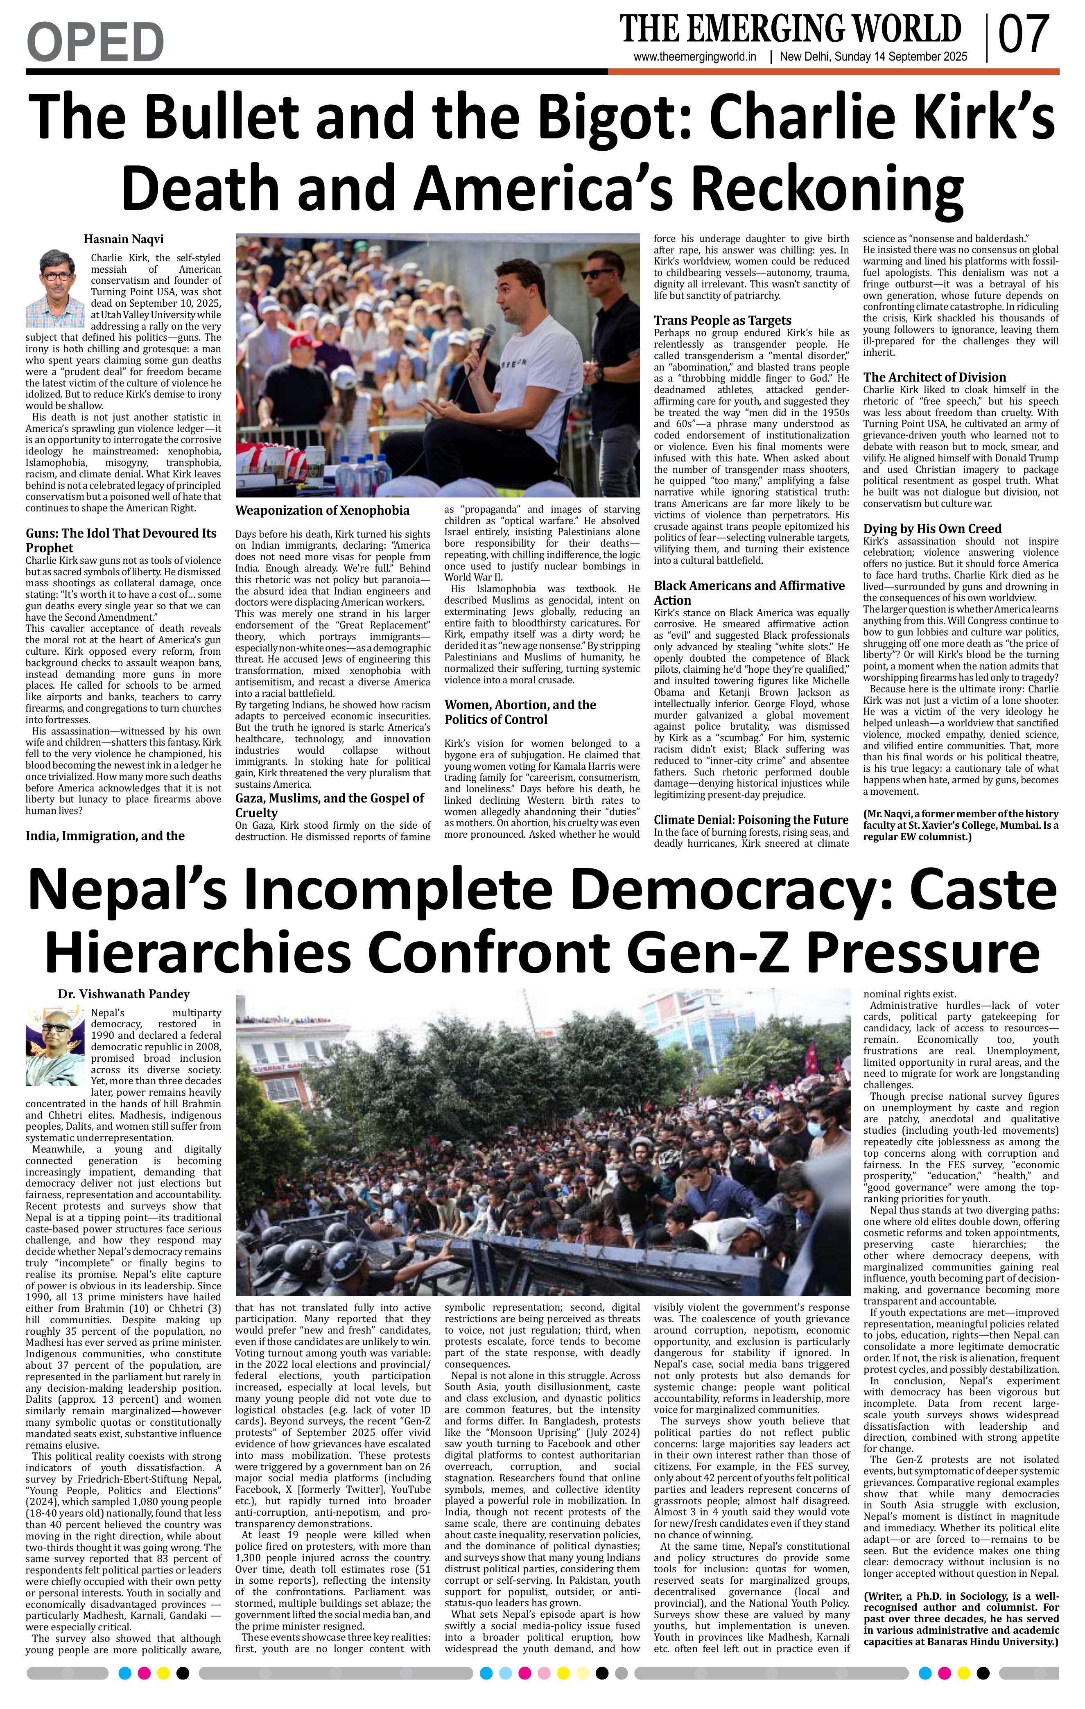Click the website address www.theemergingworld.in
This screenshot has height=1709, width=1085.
pos(695,58)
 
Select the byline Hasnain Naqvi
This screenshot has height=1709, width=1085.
pos(124,239)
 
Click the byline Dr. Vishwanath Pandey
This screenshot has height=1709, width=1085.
pos(124,994)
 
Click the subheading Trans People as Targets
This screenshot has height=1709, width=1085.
pos(722,320)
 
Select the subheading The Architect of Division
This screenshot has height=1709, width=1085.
pos(935,377)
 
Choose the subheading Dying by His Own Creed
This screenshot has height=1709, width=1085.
pos(932,529)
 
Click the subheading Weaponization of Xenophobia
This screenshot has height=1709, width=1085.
pos(322,510)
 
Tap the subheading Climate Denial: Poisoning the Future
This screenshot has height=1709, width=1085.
pos(751,820)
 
